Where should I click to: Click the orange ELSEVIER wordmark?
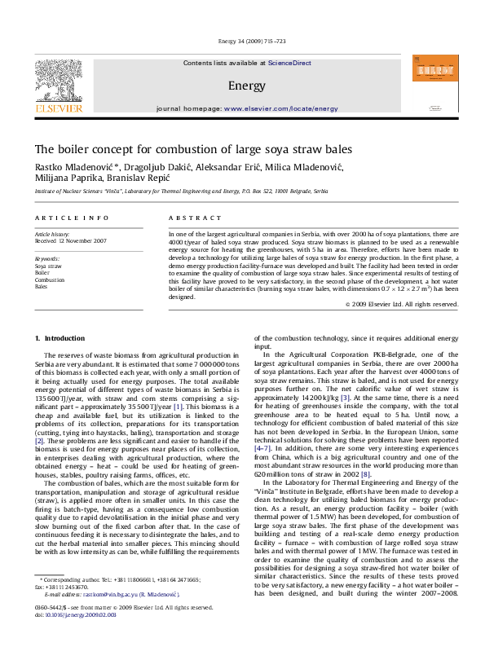(58, 108)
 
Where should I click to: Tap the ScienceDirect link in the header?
(289, 63)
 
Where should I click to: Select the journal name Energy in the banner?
(246, 85)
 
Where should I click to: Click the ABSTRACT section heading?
(190, 218)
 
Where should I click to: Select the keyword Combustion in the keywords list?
(49, 279)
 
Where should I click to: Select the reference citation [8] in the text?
(366, 473)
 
